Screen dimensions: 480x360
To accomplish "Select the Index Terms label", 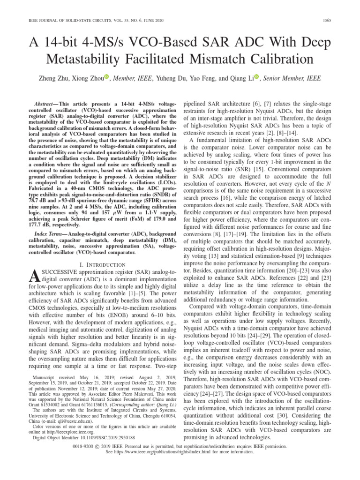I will (x=50, y=233).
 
